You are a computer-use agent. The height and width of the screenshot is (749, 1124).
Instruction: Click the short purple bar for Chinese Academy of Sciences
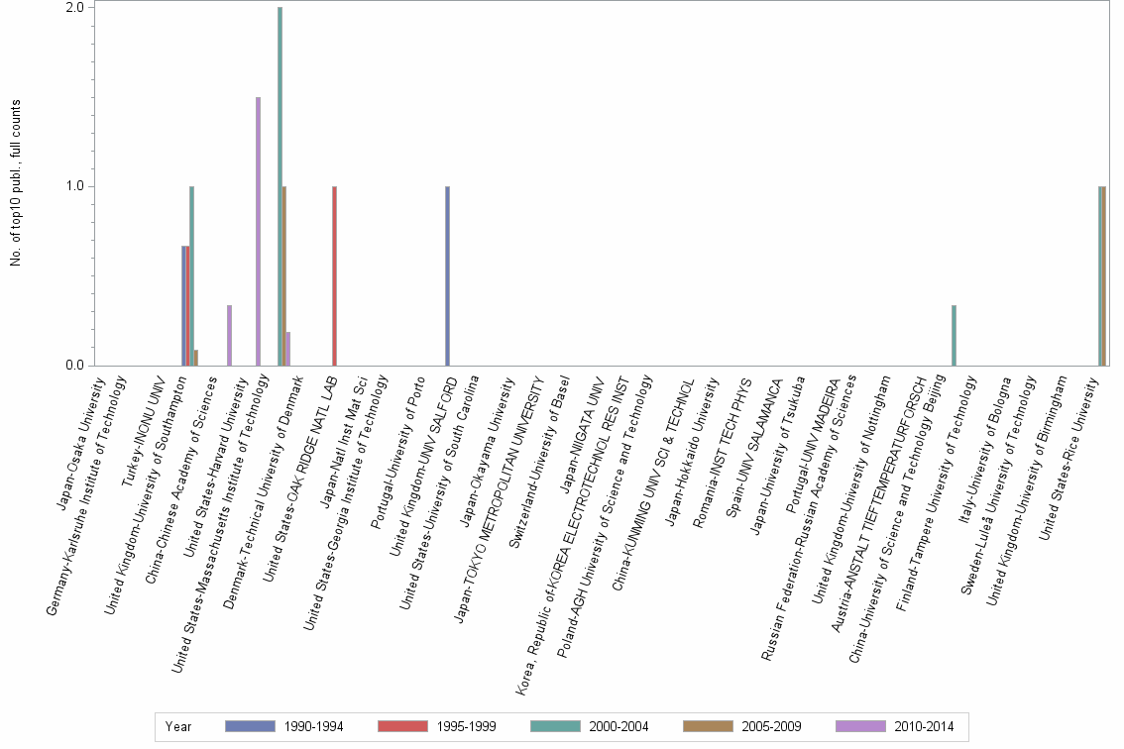tap(230, 336)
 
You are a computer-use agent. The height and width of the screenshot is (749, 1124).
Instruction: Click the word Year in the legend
tap(178, 727)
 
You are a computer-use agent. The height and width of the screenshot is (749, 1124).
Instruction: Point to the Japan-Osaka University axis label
tap(79, 440)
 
